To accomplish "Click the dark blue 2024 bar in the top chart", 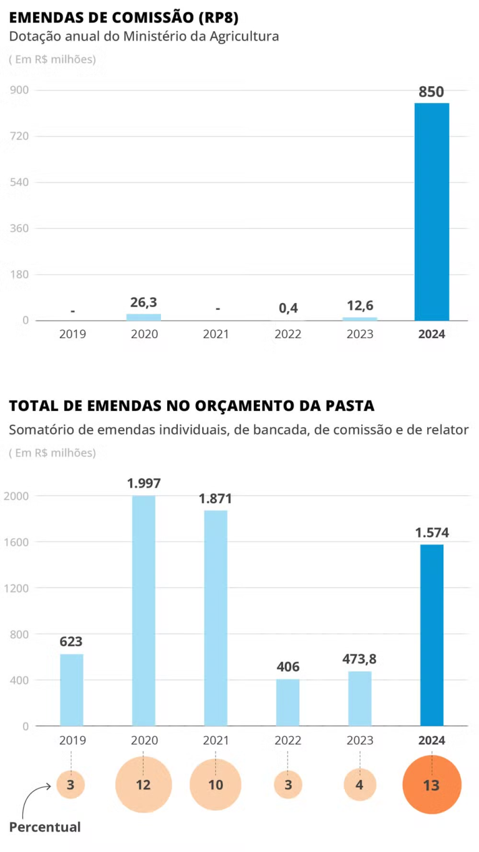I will click(432, 212).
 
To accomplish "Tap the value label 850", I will click(432, 92).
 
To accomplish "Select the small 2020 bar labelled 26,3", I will click(143, 317).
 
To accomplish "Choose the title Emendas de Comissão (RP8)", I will click(123, 17).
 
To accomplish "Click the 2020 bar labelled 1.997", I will click(143, 611).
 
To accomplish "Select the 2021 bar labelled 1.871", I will click(216, 617).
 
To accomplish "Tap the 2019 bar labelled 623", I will click(71, 690).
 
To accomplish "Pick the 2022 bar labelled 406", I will click(288, 702).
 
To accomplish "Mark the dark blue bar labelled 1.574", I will click(432, 635).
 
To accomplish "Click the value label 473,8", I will click(360, 659).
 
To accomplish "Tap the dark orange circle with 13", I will click(432, 785).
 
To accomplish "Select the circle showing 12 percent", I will click(143, 785).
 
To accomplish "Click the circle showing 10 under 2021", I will click(216, 785).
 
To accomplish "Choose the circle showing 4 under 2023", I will click(360, 785).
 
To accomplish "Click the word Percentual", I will click(45, 827).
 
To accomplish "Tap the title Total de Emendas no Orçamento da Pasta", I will click(192, 406).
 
